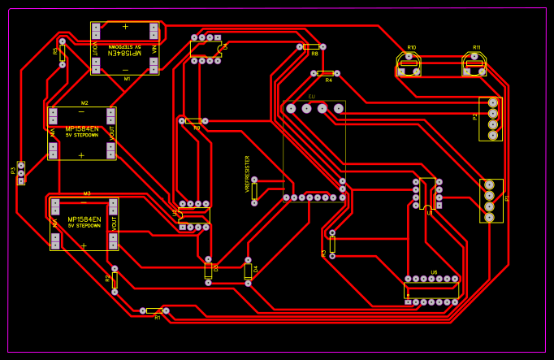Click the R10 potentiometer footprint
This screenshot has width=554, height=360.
pos(409,63)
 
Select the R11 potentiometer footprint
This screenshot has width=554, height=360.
pos(474,63)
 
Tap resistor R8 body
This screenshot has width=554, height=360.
pos(311,47)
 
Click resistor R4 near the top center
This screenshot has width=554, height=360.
pos(325,73)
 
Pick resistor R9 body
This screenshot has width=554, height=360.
pos(193,121)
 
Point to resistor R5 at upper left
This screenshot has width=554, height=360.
pos(63,52)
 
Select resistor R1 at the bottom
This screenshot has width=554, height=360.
pos(154,310)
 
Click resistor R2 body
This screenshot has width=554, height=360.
pos(115,280)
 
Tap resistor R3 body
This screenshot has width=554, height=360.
pos(332,244)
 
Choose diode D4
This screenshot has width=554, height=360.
pos(249,271)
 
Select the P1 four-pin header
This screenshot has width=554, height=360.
pos(490,201)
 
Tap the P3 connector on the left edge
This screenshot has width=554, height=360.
pos(21,172)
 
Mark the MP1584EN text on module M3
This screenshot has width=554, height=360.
pos(84,219)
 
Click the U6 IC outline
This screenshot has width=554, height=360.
pos(431,290)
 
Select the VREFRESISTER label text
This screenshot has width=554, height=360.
pos(247,173)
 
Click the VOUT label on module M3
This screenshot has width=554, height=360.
pos(115,223)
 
